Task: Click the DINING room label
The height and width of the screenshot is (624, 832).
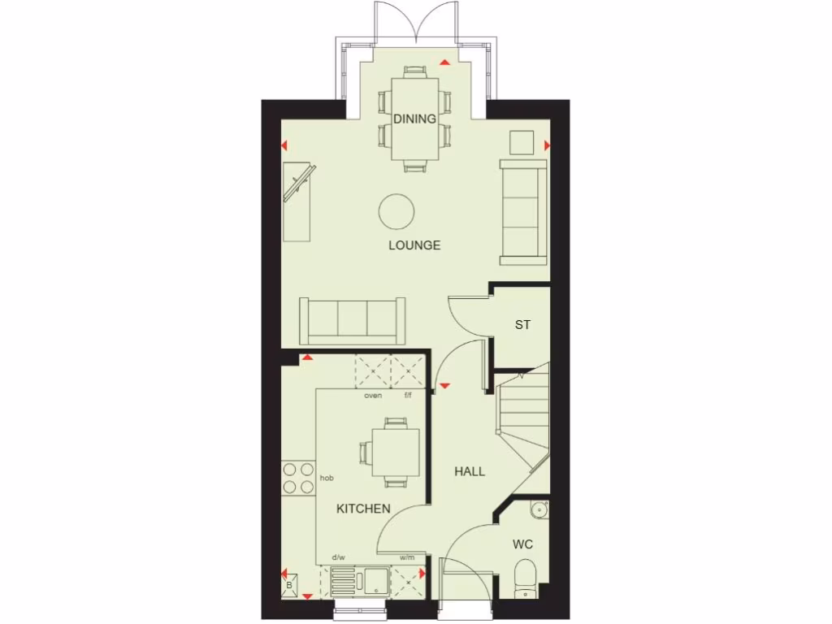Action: click(414, 119)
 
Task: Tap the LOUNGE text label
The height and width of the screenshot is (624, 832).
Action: click(414, 245)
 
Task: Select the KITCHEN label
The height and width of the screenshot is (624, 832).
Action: click(363, 509)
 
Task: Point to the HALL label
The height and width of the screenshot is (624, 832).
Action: click(470, 471)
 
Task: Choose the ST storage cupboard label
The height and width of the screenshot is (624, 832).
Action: click(522, 325)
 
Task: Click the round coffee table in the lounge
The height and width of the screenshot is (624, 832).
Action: click(397, 211)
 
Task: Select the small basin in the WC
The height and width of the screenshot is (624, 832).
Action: click(539, 509)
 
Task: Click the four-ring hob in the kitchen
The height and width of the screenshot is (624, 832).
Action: click(297, 479)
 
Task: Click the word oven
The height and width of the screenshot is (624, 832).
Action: click(373, 396)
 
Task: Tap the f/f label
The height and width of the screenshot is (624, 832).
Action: click(408, 396)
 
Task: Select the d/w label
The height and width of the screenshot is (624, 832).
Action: click(339, 557)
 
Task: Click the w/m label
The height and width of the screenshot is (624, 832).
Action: click(407, 557)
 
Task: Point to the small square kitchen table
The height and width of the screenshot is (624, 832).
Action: click(396, 452)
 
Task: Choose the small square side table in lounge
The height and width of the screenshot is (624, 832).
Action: click(521, 141)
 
